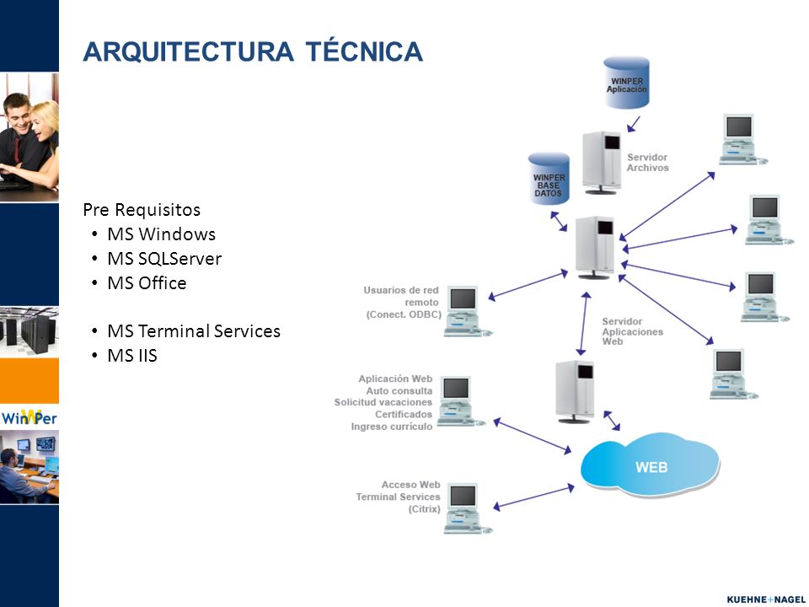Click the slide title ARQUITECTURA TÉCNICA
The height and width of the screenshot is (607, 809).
[253, 51]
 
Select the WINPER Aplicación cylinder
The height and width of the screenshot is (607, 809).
[626, 83]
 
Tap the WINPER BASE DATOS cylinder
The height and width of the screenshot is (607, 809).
[549, 179]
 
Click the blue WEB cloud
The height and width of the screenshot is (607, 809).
[651, 465]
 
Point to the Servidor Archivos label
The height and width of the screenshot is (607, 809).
[647, 162]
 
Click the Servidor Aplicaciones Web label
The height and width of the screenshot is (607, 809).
[632, 331]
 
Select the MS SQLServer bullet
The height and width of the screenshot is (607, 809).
[164, 259]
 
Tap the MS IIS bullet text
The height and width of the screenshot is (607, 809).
[132, 356]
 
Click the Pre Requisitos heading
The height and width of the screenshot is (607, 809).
[142, 210]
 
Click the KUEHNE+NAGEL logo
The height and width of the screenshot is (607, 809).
[765, 599]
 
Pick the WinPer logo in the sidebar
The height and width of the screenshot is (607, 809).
[29, 416]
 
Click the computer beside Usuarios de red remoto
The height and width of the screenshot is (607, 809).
[467, 312]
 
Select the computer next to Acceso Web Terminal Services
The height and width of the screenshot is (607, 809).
[467, 508]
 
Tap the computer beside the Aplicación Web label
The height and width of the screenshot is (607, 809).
[461, 401]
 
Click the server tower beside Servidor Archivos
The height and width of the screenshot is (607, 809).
[602, 163]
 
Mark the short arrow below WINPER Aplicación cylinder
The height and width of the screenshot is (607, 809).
[634, 124]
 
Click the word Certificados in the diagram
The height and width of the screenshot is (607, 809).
[404, 415]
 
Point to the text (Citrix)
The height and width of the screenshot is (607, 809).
[424, 509]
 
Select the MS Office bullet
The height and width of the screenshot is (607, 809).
[147, 283]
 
